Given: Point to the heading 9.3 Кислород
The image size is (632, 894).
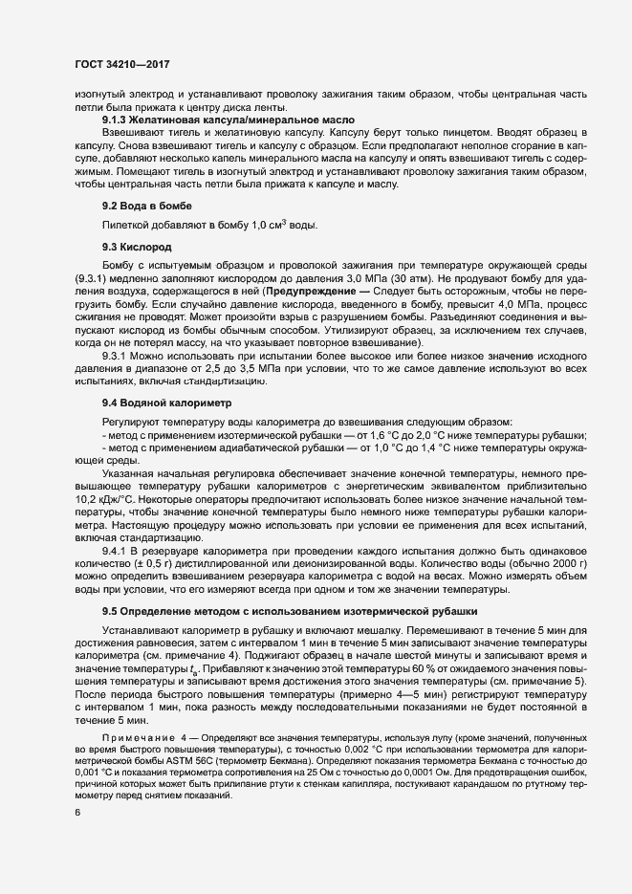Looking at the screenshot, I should [137, 246].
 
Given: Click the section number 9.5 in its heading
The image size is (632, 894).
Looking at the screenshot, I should [112, 611].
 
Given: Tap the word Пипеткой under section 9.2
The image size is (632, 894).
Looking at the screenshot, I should [125, 225].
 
